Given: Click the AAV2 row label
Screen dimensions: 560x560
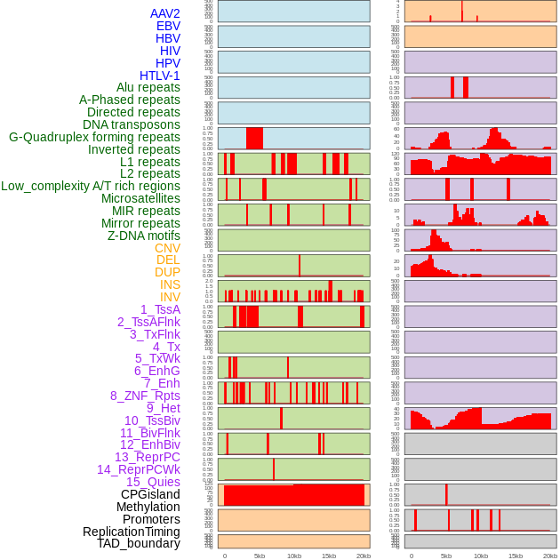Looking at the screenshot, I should pos(165,13).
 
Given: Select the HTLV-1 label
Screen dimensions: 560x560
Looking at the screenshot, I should pos(160,76).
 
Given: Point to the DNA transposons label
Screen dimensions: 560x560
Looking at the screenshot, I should pos(132,125).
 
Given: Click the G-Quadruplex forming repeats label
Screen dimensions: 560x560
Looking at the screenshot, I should pos(94,138).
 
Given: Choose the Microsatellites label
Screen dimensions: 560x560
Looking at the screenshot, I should pos(140,199).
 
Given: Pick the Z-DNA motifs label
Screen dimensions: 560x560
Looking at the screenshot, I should pos(144,236).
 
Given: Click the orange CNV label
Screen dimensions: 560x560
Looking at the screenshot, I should pos(167,248).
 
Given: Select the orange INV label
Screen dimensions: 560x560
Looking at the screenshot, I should pos(170,297).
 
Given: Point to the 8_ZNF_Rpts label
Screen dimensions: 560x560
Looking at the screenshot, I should pos(145,396).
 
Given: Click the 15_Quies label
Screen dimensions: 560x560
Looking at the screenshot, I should pos(153,482).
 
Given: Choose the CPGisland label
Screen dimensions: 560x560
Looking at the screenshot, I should pos(150,494).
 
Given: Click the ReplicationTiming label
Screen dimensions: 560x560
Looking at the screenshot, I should pos(132,532).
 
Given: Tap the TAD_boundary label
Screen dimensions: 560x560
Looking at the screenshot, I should pos(139,543).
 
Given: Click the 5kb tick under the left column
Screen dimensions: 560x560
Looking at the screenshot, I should pos(260,556).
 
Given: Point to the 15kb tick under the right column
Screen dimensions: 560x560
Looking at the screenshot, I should pos(516,556).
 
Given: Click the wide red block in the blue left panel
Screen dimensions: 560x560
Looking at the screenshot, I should pos(254,139).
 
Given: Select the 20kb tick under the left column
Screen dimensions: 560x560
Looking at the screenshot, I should pos(363,556).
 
